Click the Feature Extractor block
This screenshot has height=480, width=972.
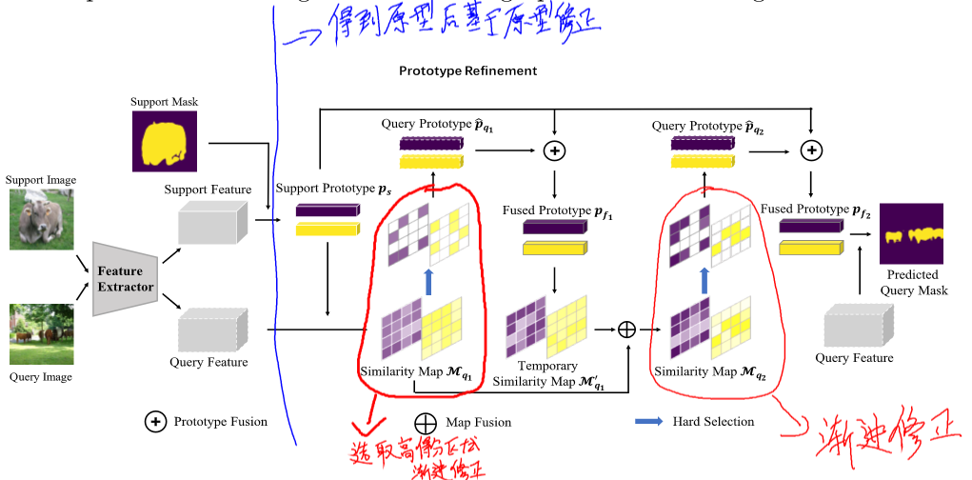(x=125, y=279)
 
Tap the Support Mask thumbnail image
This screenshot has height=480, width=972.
(x=165, y=142)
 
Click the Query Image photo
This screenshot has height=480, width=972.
(x=42, y=334)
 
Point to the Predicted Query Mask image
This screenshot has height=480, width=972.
(x=911, y=234)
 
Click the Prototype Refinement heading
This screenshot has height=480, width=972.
(x=467, y=71)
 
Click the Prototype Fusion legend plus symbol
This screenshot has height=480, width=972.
(x=155, y=422)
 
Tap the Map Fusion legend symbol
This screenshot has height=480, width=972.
(x=426, y=422)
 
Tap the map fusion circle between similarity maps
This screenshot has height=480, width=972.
(x=626, y=329)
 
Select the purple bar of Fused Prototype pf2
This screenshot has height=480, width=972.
(x=810, y=227)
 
